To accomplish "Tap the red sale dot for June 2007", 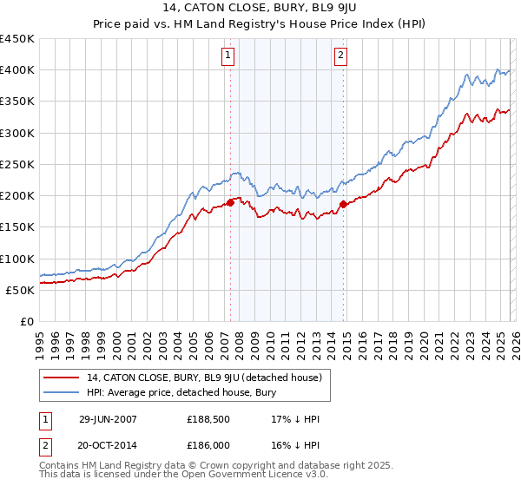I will tap(231, 203).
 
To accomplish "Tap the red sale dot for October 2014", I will tap(343, 205).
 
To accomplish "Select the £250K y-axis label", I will tap(17, 164).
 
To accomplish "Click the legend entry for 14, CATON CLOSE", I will tap(205, 378).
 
